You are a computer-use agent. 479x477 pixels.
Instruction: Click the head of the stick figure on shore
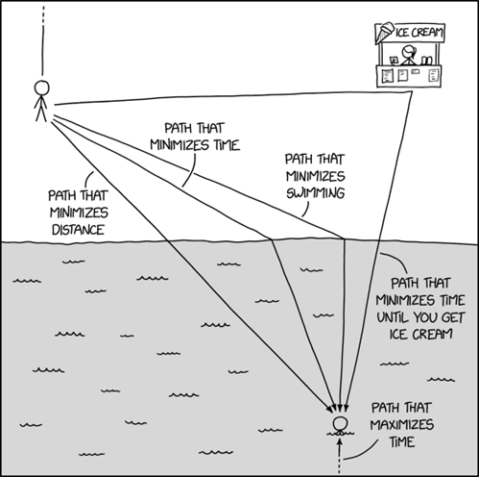click(42, 87)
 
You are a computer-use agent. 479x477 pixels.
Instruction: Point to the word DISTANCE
click(66, 230)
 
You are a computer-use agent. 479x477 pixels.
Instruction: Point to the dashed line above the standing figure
click(42, 38)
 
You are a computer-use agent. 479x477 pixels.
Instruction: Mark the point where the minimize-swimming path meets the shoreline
click(345, 238)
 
